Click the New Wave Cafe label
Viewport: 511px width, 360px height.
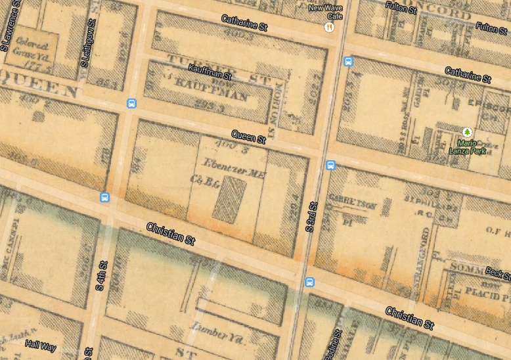[326, 12]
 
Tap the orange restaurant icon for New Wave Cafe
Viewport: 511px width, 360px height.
[329, 27]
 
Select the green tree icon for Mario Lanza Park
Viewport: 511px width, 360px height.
[467, 132]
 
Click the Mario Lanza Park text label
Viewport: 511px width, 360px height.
[467, 146]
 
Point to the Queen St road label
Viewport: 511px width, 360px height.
[253, 137]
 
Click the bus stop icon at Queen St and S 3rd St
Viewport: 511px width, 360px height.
[331, 165]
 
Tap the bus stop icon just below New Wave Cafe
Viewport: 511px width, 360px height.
[348, 62]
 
